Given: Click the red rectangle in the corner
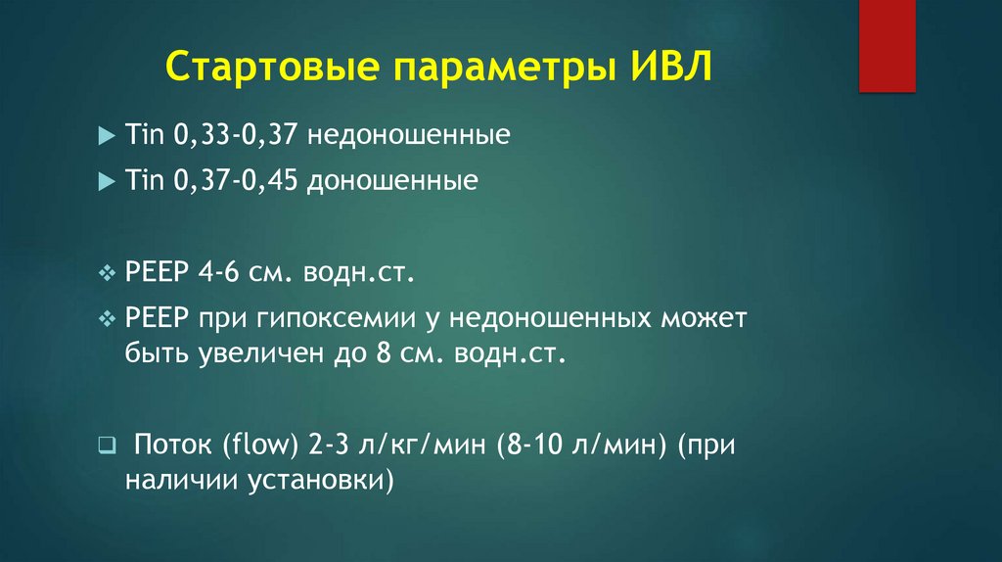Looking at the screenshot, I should coord(887,45).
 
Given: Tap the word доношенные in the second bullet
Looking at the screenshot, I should coord(394,181).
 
